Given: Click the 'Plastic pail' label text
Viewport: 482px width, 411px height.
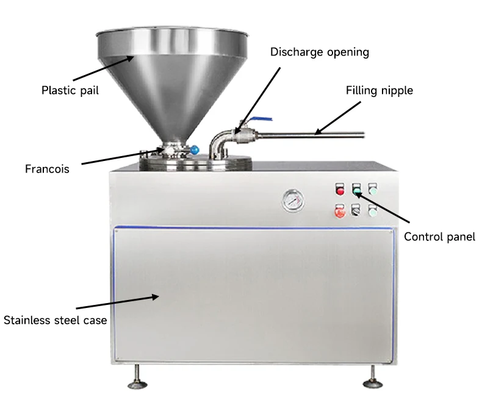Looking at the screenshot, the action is tap(70, 91).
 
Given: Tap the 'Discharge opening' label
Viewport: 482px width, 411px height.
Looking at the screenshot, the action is tap(320, 52).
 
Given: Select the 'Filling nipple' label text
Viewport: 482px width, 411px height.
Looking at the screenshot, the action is tap(379, 90).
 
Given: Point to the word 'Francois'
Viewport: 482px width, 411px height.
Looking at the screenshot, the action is tap(47, 168).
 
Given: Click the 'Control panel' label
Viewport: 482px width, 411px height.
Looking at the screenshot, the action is tap(439, 237).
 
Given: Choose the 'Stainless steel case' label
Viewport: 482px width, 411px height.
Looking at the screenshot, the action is tap(55, 320).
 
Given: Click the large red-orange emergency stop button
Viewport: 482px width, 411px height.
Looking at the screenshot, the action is tap(340, 212).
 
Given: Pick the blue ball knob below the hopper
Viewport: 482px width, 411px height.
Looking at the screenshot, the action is tap(194, 149).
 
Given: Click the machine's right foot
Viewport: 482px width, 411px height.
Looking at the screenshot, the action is tap(370, 382).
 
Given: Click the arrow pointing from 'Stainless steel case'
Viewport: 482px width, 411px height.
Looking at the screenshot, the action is tap(116, 302).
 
